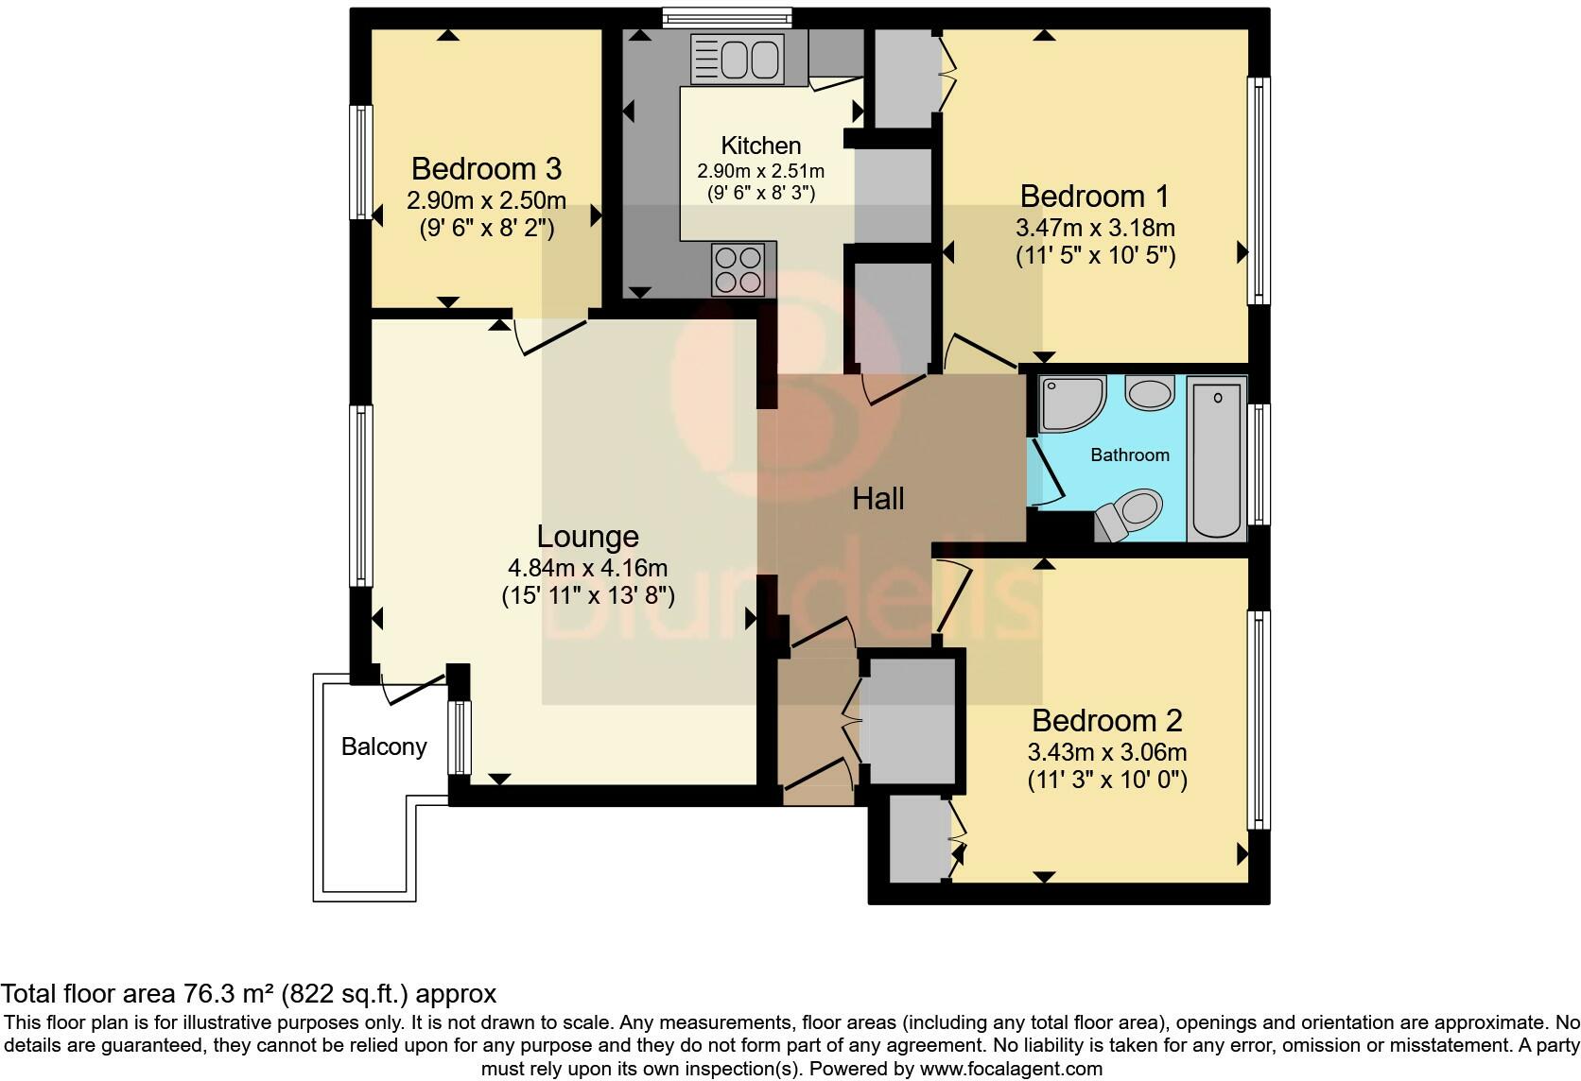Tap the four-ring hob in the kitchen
(x=738, y=269)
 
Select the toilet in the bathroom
(x=1128, y=514)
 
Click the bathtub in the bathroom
(x=1217, y=458)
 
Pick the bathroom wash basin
(x=1150, y=393)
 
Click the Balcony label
(x=384, y=746)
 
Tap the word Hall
(x=878, y=499)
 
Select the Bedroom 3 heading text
(x=486, y=168)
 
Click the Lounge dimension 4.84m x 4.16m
(x=587, y=568)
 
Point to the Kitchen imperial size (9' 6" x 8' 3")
(x=761, y=193)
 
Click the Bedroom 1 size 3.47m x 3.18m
(x=1095, y=228)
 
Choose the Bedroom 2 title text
(x=1106, y=721)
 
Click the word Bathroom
(x=1130, y=455)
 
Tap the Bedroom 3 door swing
(x=550, y=337)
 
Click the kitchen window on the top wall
(x=727, y=18)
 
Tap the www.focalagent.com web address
(x=1011, y=1069)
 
